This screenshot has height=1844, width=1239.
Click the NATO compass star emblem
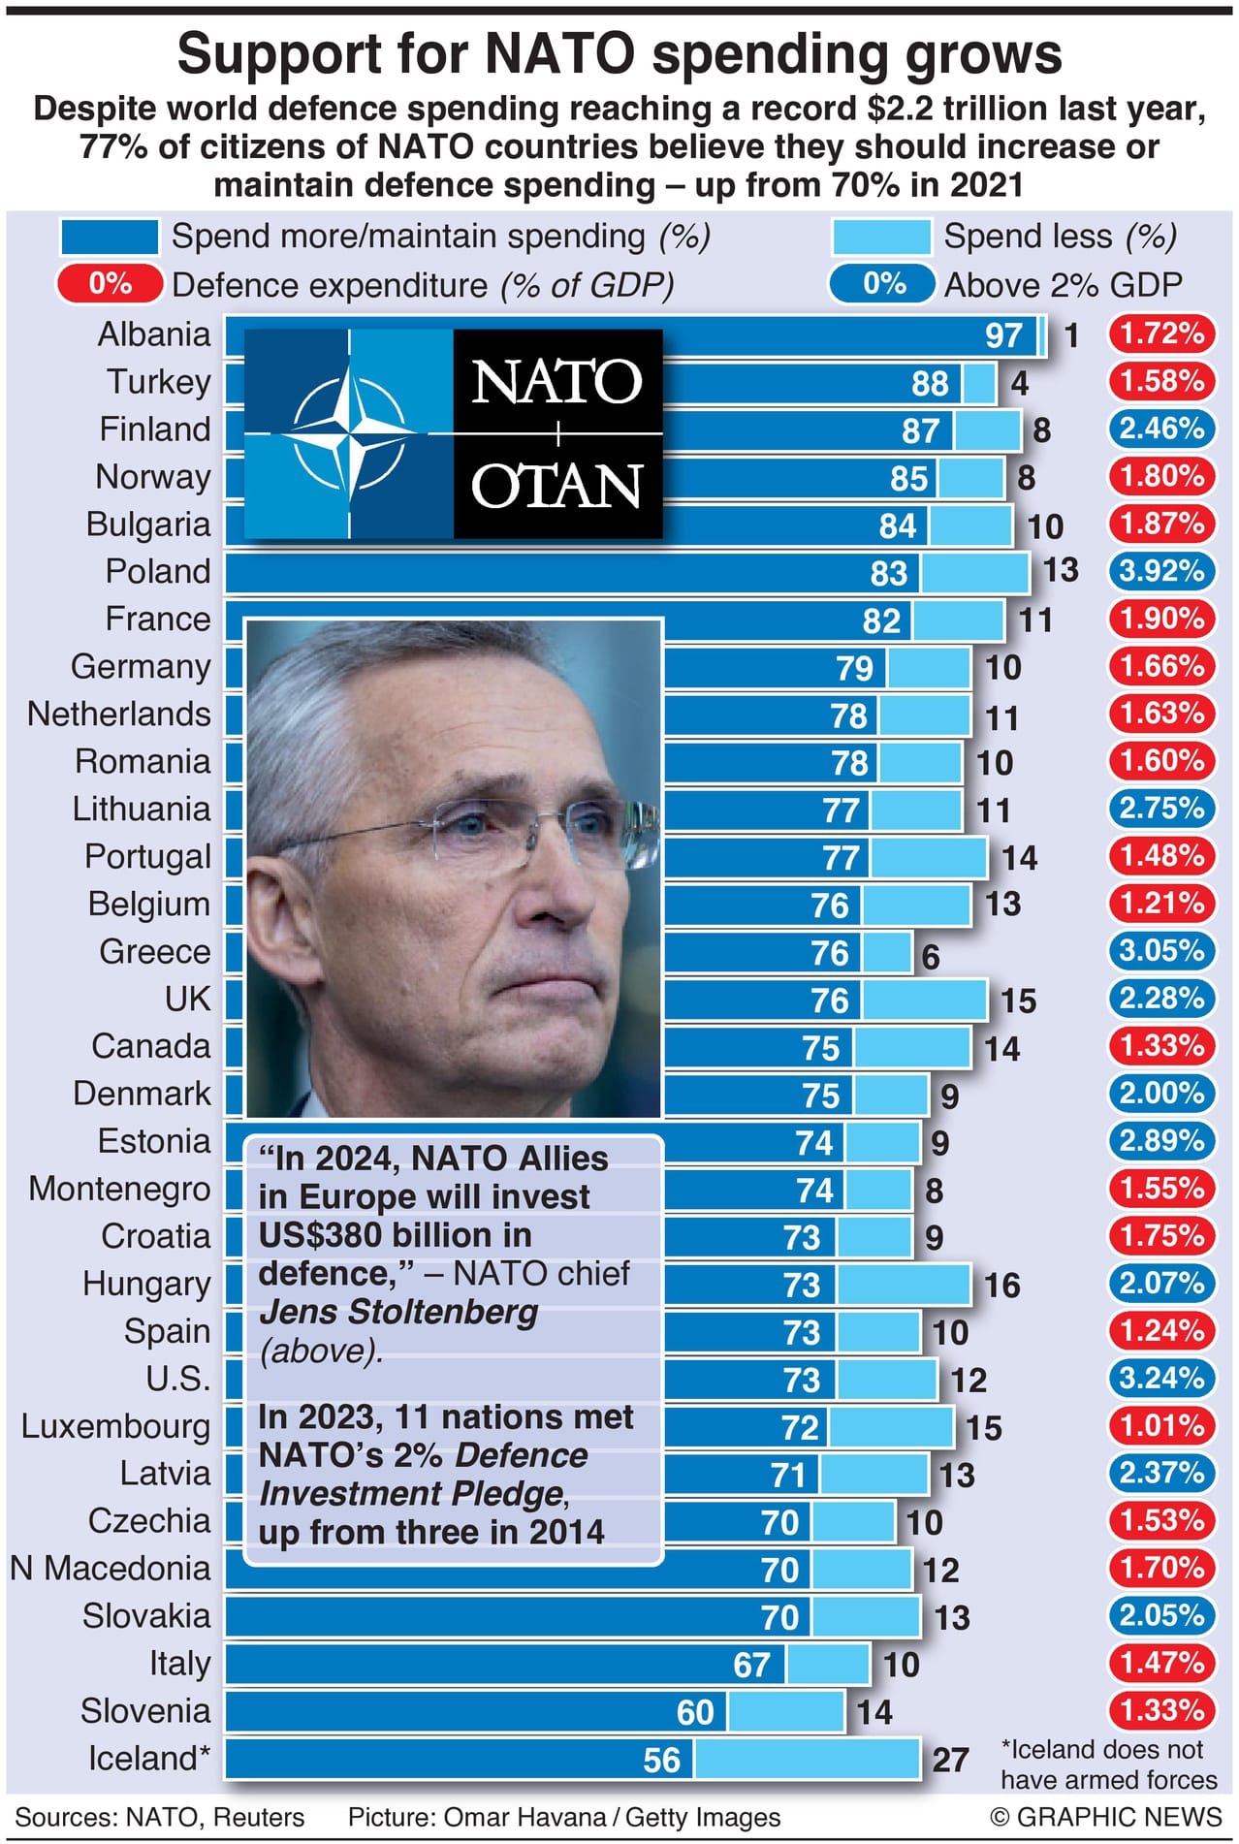348,433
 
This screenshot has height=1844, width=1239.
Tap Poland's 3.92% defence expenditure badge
1160,571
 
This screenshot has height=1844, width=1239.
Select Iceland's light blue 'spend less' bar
806,1760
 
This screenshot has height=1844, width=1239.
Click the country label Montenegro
119,1189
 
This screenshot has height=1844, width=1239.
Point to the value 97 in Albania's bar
1003,335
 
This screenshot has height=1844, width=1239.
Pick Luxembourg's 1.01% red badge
1160,1426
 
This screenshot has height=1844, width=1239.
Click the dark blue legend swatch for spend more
109,237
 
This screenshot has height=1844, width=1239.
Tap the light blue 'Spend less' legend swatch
880,237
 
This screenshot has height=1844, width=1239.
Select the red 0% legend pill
110,284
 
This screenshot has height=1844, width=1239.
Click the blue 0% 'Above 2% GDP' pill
883,284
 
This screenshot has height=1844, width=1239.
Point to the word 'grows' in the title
982,54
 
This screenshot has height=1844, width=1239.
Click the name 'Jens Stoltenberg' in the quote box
398,1312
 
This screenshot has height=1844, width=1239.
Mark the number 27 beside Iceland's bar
950,1760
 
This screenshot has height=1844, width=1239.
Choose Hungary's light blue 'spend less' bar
904,1285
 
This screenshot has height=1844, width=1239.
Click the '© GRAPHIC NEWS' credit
1105,1817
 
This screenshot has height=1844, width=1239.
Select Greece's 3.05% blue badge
1160,951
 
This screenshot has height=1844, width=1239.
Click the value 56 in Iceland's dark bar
661,1761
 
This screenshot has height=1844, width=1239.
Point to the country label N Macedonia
110,1569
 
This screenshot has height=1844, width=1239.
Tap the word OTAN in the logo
556,487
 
